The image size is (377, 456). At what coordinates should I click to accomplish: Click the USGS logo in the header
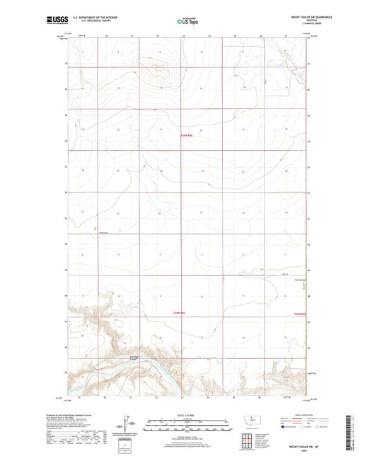pos(54,21)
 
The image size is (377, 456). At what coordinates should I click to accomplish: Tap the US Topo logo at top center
pos(187,22)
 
